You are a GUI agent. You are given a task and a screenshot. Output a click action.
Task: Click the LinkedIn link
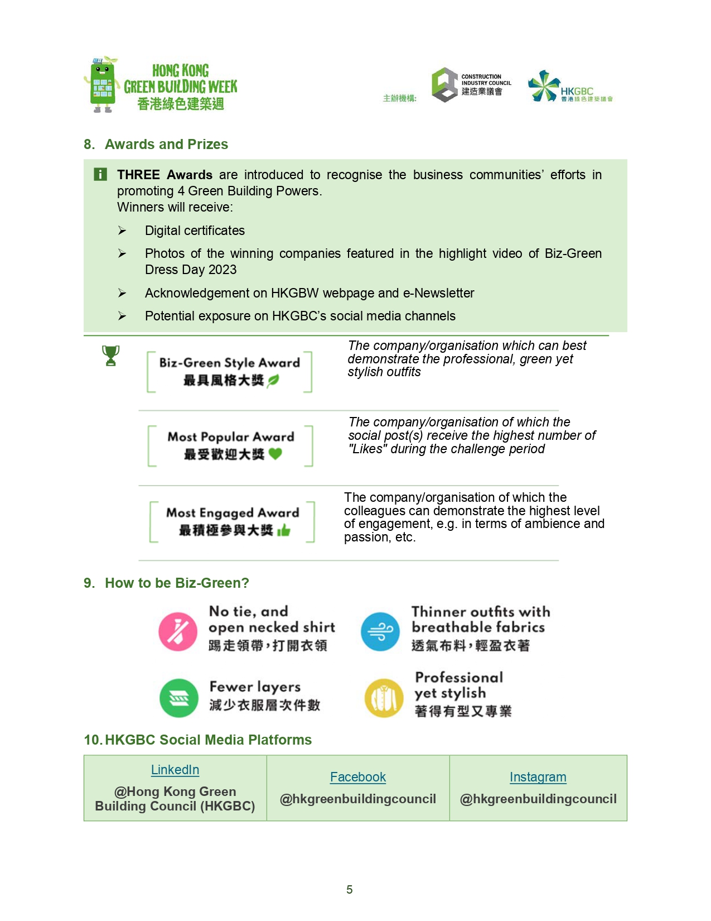coord(175,770)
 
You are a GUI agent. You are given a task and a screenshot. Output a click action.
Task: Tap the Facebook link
coord(357,777)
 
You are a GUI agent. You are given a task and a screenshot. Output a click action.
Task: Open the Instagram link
coord(538,777)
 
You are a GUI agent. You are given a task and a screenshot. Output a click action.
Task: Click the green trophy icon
coord(111,356)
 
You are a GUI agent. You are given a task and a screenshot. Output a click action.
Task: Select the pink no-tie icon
coord(178,631)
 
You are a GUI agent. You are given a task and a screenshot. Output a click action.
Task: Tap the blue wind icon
coord(380,631)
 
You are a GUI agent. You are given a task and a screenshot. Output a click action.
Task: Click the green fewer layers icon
coord(179,698)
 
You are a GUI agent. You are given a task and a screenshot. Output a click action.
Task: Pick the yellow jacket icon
coord(384,698)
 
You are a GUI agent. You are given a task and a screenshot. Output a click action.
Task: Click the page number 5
coord(350,890)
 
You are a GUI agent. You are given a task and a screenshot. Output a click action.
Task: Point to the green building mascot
coord(102,85)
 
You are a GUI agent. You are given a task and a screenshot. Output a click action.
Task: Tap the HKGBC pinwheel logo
coord(543,86)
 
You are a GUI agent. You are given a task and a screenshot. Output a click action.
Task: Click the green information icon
coord(100,175)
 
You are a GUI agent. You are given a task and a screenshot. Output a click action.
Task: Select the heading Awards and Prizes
coord(166,145)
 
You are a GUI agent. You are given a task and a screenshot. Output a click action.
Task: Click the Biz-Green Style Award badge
coord(229,372)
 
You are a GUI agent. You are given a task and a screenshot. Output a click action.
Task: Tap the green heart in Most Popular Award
coord(275,454)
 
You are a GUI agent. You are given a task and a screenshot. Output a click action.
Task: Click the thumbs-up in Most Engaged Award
coord(284,530)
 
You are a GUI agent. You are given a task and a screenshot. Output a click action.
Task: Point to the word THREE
coord(138,175)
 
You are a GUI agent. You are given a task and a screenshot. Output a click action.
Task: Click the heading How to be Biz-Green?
coord(177,583)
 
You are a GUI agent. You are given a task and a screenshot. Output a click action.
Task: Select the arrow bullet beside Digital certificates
coord(122,231)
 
